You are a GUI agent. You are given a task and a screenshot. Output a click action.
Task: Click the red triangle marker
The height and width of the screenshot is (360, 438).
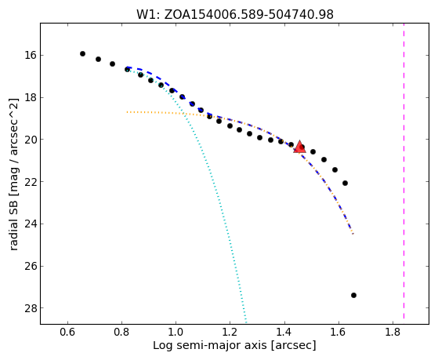(x=300, y=147)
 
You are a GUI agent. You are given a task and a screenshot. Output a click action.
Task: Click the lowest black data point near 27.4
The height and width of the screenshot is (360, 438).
(x=353, y=295)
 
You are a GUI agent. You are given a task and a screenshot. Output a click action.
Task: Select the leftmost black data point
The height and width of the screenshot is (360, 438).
(x=82, y=53)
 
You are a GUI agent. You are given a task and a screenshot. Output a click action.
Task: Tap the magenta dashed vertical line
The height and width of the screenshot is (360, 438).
(x=404, y=171)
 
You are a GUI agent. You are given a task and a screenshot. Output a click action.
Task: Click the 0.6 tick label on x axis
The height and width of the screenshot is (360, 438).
(x=67, y=332)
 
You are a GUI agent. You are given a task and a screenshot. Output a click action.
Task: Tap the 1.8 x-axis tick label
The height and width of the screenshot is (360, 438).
(x=393, y=332)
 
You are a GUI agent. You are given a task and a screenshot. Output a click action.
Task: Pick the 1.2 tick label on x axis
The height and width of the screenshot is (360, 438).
(x=230, y=332)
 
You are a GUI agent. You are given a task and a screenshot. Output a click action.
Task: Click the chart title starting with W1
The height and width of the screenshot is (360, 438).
(x=234, y=14)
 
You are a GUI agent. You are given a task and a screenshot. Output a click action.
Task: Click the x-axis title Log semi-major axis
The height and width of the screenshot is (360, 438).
(x=234, y=346)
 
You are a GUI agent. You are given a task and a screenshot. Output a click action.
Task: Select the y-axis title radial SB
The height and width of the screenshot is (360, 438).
(x=13, y=174)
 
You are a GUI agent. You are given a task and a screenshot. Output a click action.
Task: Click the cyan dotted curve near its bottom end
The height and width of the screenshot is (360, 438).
(x=246, y=320)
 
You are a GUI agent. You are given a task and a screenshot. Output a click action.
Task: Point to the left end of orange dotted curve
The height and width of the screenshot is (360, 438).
(x=127, y=112)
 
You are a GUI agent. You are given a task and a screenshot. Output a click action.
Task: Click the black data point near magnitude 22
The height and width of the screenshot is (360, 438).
(x=345, y=183)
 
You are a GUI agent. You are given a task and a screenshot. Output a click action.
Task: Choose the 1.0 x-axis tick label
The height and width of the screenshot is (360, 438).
(x=176, y=332)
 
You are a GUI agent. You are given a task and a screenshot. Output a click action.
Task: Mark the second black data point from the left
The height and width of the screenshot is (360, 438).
(x=98, y=59)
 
